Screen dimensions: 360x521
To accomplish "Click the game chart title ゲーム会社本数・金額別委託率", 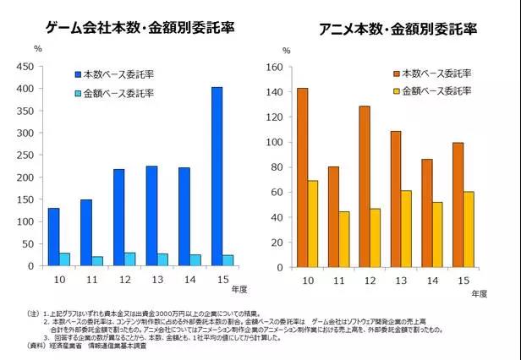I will (140, 28).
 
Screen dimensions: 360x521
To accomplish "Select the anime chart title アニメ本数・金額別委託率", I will (398, 30).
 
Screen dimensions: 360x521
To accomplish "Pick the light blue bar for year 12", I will (129, 259).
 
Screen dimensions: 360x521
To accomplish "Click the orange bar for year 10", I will (302, 177).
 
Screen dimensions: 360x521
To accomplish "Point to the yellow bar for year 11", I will (344, 238).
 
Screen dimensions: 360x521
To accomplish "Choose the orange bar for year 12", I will (365, 185).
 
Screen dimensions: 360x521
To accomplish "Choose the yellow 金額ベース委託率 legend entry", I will (434, 90).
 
